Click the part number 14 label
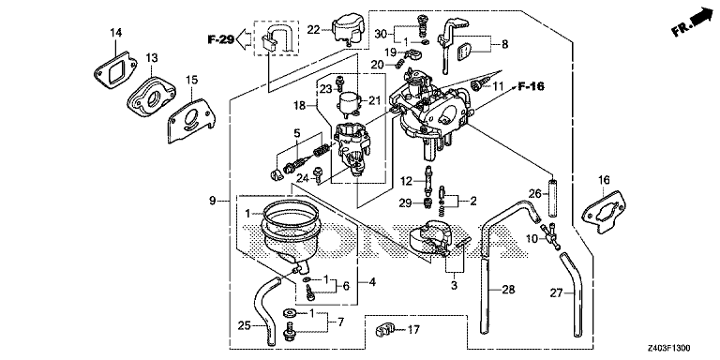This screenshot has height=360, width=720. point(115,34)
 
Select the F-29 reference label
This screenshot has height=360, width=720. point(220,39)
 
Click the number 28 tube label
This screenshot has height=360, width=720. point(508,290)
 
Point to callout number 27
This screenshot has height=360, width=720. point(556,293)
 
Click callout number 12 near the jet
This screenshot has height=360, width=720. point(406,180)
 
